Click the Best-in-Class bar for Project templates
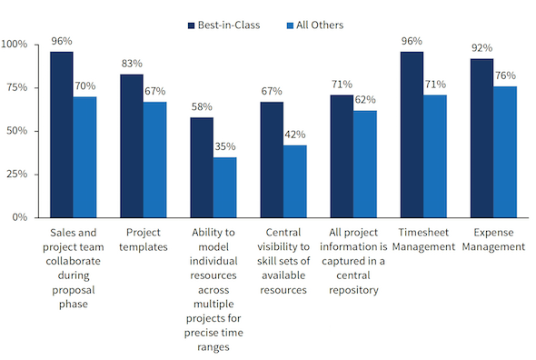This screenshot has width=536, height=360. click(x=132, y=145)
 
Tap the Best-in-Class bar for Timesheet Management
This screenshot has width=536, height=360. click(x=411, y=135)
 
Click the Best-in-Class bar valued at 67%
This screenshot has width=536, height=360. click(x=272, y=159)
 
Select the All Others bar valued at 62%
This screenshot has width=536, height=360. click(x=365, y=164)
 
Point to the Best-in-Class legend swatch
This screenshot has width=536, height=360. click(x=194, y=25)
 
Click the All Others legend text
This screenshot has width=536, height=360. click(x=315, y=25)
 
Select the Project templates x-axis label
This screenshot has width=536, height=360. click(x=143, y=239)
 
